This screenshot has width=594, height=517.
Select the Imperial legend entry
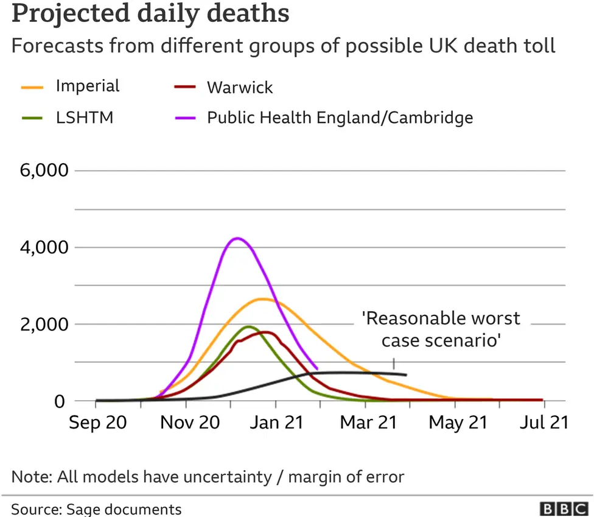click(x=87, y=86)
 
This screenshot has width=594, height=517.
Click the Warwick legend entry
click(x=239, y=87)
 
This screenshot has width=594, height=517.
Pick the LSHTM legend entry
click(x=84, y=117)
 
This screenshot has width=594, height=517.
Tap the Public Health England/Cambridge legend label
click(x=340, y=117)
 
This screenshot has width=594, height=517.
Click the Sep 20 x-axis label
click(x=97, y=422)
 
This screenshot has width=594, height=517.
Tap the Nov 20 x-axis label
click(x=189, y=422)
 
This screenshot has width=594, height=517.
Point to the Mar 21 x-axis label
click(x=368, y=422)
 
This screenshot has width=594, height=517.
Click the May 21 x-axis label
click(x=458, y=422)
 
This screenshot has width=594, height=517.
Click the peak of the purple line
click(x=237, y=238)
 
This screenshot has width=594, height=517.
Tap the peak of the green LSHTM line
click(x=247, y=326)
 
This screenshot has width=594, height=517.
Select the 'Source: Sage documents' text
click(x=96, y=508)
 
